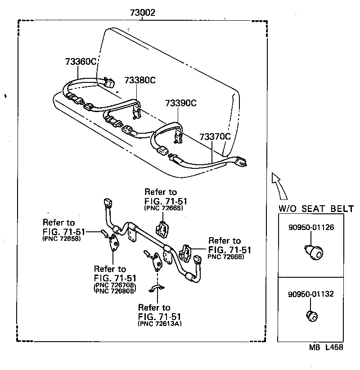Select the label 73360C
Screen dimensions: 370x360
coord(80,62)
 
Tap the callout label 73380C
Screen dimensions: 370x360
coord(139,80)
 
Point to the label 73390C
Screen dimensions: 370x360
coord(180,103)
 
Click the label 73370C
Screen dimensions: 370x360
coord(215,136)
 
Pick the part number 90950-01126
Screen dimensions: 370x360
coord(311,227)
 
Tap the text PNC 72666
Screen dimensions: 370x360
coord(225,257)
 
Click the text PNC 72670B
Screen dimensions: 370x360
coord(115,285)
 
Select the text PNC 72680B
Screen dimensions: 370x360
coord(115,291)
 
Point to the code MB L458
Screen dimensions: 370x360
coord(326,347)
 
